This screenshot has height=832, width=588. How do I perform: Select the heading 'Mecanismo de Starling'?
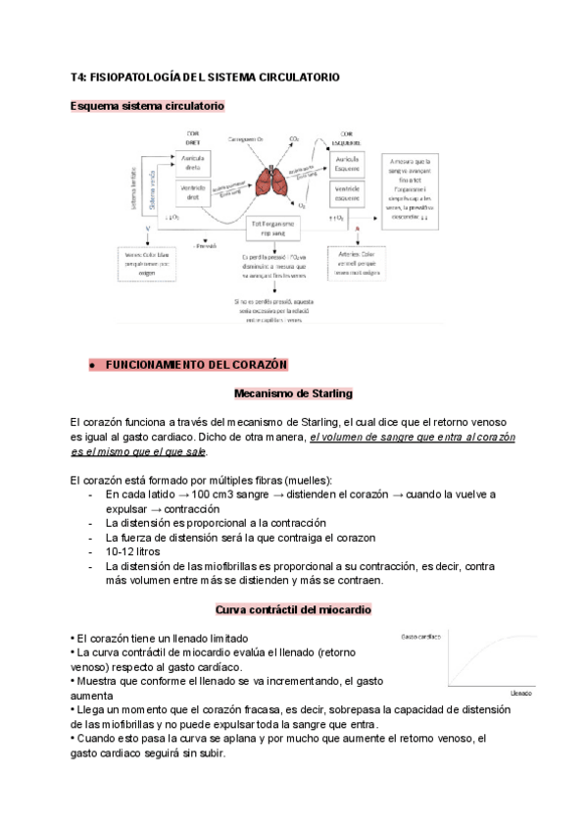coord(293,394)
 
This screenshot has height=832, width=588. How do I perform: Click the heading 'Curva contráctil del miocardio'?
coord(293,610)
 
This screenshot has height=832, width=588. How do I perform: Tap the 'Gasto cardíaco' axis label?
coord(420,638)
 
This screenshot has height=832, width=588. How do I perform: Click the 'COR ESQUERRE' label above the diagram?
coord(351,138)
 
